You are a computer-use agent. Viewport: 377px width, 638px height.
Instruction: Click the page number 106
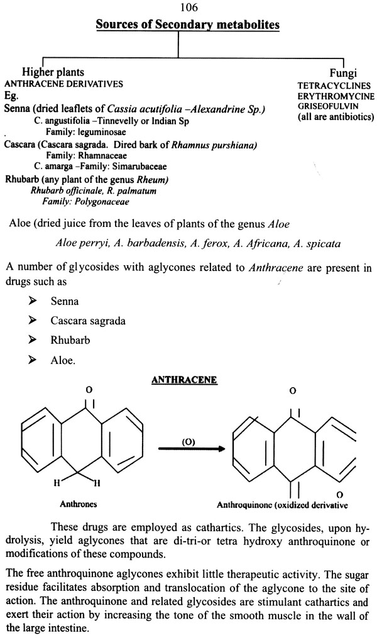[188, 8]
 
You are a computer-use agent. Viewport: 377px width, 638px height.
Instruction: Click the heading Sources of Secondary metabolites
[188, 25]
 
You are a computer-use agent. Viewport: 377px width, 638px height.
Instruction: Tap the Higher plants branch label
[53, 72]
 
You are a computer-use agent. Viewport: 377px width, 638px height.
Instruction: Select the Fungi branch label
[343, 74]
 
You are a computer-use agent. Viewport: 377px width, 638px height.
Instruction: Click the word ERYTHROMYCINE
[336, 96]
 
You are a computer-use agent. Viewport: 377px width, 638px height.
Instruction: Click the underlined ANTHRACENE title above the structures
[184, 380]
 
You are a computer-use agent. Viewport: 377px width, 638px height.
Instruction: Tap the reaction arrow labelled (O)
[191, 449]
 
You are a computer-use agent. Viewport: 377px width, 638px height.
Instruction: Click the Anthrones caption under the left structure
[78, 504]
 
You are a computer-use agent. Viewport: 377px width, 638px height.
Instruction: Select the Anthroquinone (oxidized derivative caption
[282, 505]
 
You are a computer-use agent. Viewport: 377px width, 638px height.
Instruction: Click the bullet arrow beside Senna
[32, 300]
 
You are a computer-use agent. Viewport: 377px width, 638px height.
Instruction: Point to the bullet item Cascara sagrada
[88, 321]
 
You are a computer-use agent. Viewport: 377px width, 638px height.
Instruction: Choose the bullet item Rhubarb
[70, 340]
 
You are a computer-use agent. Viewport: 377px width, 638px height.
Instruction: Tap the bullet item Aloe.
[63, 360]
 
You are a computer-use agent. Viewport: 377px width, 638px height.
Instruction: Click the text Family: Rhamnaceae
[86, 156]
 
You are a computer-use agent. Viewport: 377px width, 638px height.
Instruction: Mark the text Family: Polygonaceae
[85, 202]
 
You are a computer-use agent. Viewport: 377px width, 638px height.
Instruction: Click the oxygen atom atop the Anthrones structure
[89, 390]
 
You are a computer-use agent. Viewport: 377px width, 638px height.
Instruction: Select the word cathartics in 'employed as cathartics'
[220, 528]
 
